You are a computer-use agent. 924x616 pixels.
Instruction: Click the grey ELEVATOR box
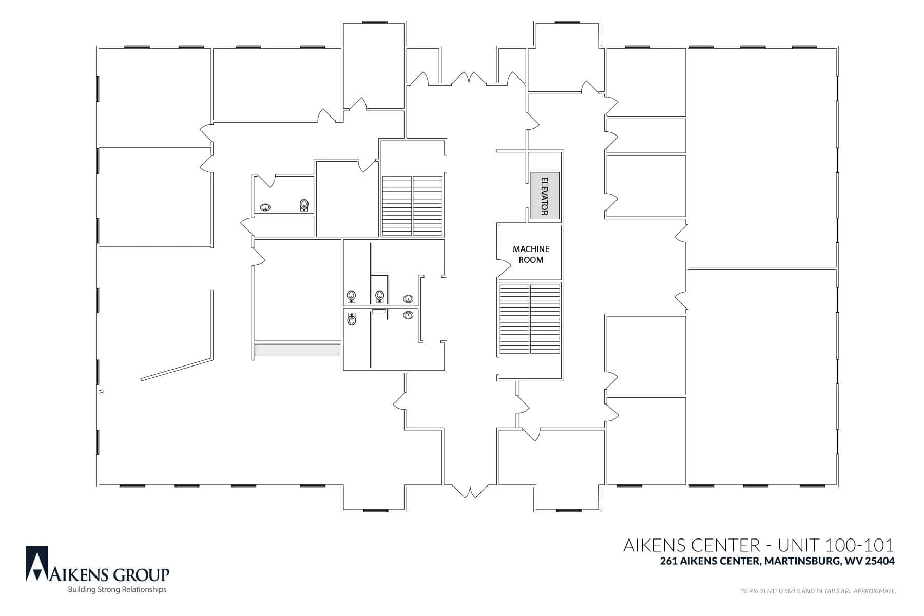click(x=545, y=196)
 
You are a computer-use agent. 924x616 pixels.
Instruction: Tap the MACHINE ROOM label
click(x=531, y=254)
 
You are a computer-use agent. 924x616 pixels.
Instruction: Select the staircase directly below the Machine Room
click(x=530, y=319)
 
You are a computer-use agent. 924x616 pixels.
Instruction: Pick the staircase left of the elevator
click(x=412, y=206)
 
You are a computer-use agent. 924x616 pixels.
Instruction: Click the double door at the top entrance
click(x=469, y=79)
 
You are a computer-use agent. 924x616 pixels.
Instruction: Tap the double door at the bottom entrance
click(x=469, y=491)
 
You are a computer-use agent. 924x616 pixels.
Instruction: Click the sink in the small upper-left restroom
click(x=265, y=208)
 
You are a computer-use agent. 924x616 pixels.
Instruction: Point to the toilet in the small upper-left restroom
click(x=304, y=205)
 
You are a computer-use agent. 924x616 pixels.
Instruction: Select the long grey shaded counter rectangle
click(x=297, y=350)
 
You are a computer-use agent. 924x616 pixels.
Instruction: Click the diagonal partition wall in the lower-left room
click(x=177, y=369)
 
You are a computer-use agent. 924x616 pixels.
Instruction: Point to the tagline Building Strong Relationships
click(x=118, y=590)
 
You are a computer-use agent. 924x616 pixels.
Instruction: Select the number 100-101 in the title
click(x=860, y=545)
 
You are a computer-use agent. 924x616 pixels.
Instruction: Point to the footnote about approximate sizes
click(x=818, y=591)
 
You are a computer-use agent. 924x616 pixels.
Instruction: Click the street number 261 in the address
click(x=668, y=561)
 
